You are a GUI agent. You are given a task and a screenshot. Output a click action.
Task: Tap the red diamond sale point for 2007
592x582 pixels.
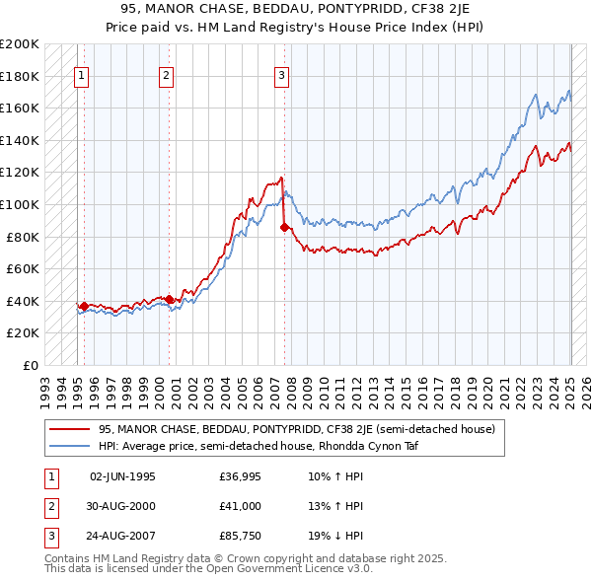285,227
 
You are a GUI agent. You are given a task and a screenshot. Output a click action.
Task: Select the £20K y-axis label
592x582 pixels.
23,333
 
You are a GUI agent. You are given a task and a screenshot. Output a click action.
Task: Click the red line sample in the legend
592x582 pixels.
69,429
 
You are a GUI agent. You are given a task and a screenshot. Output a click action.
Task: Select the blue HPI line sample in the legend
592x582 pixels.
69,445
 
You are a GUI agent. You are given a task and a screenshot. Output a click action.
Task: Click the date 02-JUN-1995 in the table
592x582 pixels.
122,477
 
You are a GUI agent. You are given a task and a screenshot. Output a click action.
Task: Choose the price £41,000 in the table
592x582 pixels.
240,506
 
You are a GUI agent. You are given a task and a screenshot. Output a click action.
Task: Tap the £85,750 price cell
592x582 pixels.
240,535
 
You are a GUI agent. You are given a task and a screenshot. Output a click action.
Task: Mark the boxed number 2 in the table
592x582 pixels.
50,506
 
